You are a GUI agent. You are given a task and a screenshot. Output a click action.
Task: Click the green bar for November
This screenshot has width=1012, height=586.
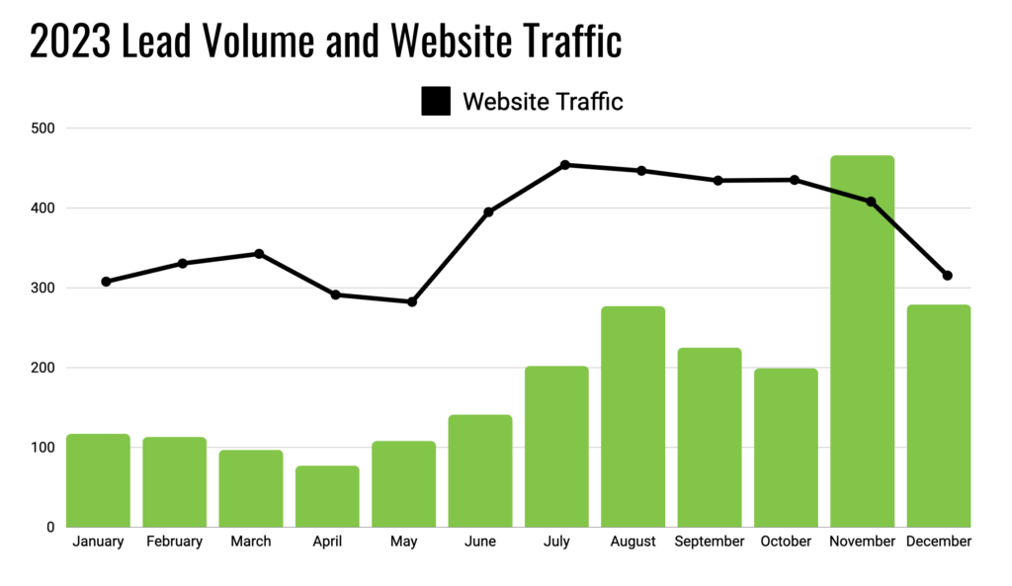(x=862, y=341)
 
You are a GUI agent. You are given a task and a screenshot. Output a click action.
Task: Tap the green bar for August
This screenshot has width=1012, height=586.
(x=632, y=416)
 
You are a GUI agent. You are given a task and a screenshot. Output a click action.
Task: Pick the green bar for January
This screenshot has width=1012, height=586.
(x=98, y=480)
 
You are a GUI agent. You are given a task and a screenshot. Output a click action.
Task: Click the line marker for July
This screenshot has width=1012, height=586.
(x=564, y=165)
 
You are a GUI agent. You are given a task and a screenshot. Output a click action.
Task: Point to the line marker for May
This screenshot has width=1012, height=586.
(x=412, y=301)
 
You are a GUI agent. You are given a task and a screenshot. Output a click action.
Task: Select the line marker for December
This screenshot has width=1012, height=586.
(x=947, y=276)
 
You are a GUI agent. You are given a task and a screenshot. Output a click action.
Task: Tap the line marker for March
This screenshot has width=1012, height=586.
(x=259, y=254)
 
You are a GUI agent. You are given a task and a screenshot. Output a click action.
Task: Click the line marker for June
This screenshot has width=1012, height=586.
(x=488, y=212)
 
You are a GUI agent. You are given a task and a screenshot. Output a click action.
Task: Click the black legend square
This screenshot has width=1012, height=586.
(x=436, y=101)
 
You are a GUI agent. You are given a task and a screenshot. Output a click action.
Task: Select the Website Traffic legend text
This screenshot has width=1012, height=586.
(x=543, y=101)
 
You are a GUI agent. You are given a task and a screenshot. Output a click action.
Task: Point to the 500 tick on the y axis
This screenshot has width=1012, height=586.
(x=42, y=128)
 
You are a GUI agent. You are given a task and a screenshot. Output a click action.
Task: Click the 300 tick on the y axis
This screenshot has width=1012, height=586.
(x=42, y=288)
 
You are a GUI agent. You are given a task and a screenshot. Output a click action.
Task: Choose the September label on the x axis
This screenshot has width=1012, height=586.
(x=710, y=542)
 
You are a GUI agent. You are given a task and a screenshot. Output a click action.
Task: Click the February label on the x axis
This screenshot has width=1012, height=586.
(x=174, y=542)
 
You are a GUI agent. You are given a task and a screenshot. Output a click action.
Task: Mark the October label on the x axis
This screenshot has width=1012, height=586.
(x=786, y=542)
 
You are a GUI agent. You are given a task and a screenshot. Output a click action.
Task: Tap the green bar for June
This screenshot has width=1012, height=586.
(x=480, y=470)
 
